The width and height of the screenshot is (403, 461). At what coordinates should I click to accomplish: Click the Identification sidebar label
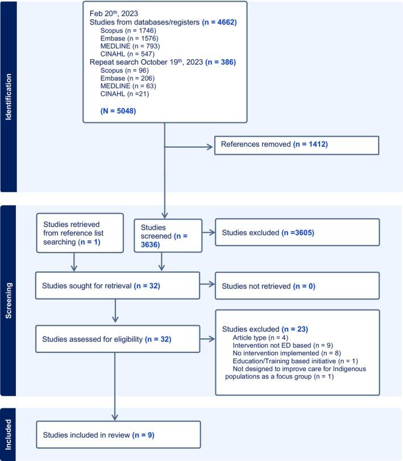click(x=8, y=96)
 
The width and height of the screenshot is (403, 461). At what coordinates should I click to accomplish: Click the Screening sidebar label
click(x=8, y=300)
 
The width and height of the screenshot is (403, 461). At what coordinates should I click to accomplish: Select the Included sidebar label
click(x=8, y=434)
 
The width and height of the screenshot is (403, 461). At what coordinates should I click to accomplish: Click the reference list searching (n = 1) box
click(x=80, y=232)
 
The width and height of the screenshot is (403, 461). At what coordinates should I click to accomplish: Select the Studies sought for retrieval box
click(x=118, y=285)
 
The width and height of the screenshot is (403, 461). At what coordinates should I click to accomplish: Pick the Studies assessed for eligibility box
click(x=118, y=339)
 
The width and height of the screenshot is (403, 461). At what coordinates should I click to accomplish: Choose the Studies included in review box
click(x=118, y=434)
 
